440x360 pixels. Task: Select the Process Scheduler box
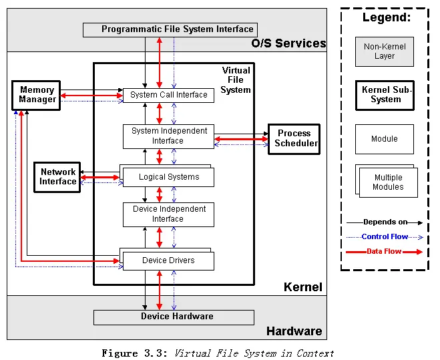294,139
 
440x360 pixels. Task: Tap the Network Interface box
57,177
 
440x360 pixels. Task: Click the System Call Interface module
168,95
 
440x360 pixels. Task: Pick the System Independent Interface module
168,136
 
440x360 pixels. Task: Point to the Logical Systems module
168,178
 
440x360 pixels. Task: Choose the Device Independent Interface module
168,214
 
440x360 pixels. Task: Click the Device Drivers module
168,260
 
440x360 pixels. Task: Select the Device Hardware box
174,317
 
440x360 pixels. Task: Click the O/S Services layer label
288,43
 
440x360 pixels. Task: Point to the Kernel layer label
302,287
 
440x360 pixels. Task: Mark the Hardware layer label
294,331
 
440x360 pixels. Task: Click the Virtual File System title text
236,80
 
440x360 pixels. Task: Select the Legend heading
387,18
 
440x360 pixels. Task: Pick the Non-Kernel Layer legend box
384,51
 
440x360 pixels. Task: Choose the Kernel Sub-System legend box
384,95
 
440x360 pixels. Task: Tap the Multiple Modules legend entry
387,181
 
